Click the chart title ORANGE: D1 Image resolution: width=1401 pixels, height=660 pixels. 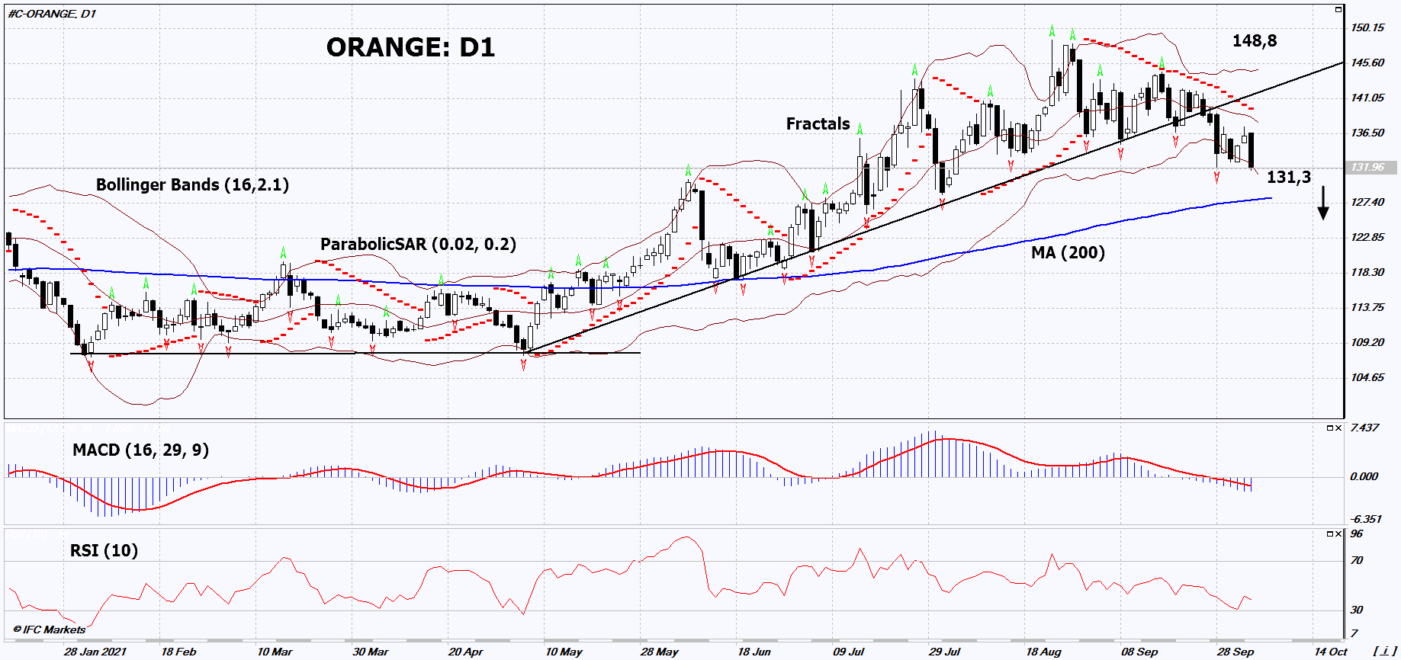pyautogui.click(x=410, y=47)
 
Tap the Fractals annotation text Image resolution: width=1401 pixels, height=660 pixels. pyautogui.click(x=818, y=123)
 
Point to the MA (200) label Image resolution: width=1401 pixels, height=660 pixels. pyautogui.click(x=1067, y=252)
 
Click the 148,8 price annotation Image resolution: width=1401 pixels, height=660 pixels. pyautogui.click(x=1254, y=41)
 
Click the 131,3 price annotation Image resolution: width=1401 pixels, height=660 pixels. pyautogui.click(x=1288, y=178)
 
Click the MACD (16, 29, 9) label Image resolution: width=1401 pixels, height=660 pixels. pyautogui.click(x=140, y=450)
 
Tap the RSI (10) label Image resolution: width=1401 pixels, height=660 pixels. pyautogui.click(x=104, y=550)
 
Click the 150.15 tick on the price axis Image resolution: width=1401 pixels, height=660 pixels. pyautogui.click(x=1367, y=28)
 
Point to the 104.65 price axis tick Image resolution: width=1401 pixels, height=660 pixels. pyautogui.click(x=1367, y=377)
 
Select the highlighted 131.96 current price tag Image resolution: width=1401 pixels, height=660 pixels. pyautogui.click(x=1368, y=167)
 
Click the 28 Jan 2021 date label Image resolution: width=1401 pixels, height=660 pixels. pyautogui.click(x=95, y=652)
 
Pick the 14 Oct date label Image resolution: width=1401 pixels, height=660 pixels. pyautogui.click(x=1330, y=652)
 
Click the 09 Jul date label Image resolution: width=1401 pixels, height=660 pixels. pyautogui.click(x=848, y=652)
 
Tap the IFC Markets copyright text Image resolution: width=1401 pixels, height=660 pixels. pyautogui.click(x=50, y=630)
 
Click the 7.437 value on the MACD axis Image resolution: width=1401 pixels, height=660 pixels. pyautogui.click(x=1364, y=428)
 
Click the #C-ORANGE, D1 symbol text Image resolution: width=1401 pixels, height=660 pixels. pyautogui.click(x=52, y=14)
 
